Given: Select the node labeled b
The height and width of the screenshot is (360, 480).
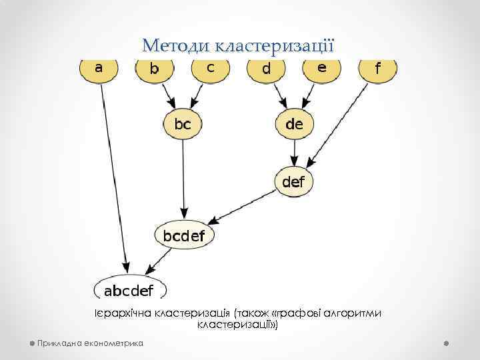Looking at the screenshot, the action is (x=155, y=70).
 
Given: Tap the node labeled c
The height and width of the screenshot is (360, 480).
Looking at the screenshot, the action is (x=210, y=69).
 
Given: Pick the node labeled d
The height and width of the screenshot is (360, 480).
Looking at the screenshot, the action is (x=266, y=70).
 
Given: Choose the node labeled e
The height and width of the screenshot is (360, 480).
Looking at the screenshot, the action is (x=321, y=69).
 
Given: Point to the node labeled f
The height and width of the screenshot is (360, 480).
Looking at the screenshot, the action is (x=377, y=70).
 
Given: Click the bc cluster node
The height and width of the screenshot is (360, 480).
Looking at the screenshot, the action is (x=183, y=125).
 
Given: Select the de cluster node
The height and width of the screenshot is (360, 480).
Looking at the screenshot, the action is (x=294, y=125).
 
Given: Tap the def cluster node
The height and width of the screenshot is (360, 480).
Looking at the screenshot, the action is (x=294, y=181).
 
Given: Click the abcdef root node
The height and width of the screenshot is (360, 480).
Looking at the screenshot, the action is (x=129, y=290).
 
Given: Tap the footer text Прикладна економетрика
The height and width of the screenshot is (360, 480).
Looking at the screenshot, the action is (x=91, y=343).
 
